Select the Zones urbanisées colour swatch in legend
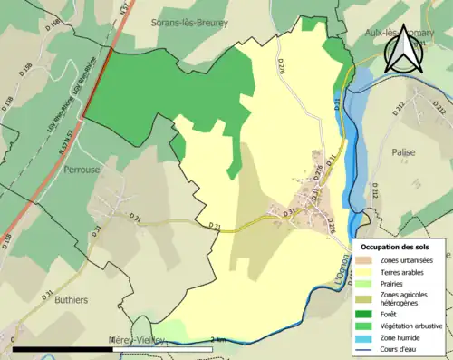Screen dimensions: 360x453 click(x=370, y=260)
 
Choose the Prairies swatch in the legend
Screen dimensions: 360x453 click(x=370, y=283)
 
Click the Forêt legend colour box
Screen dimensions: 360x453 click(x=370, y=315)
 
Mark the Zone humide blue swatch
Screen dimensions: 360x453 click(x=370, y=336)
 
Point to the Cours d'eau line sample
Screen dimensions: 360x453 click(x=370, y=347)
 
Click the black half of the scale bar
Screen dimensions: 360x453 click(x=63, y=349)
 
